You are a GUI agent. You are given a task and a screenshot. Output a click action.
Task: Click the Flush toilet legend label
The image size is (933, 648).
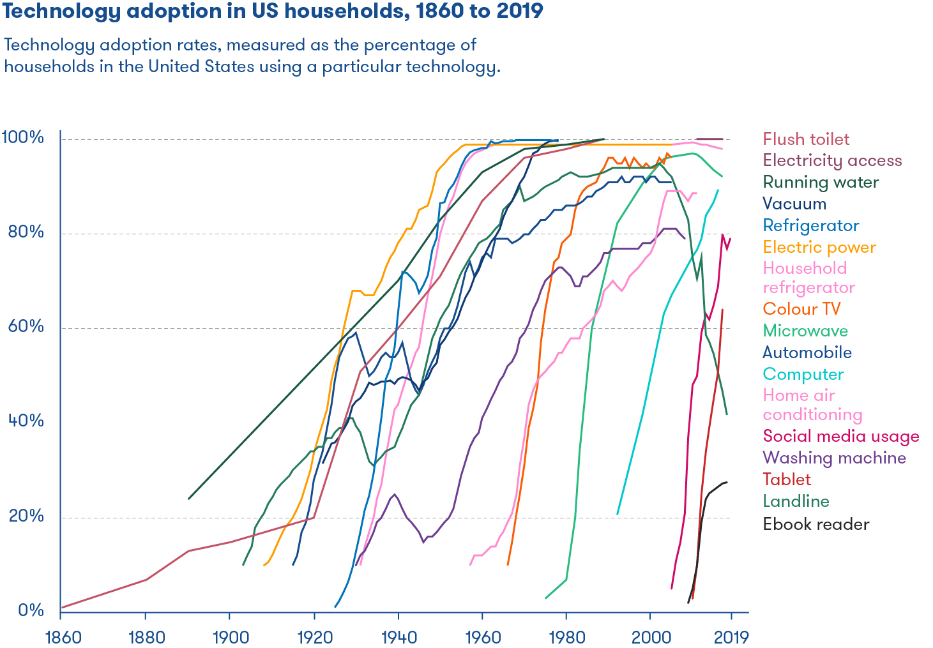[806, 139]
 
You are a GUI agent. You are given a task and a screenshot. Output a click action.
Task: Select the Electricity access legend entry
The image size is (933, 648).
[832, 160]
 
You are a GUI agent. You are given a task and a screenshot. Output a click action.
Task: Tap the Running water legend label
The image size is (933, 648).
[821, 182]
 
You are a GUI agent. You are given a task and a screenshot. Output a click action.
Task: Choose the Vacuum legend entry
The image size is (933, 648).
[794, 204]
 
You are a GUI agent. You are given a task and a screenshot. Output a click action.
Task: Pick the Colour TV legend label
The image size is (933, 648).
[801, 309]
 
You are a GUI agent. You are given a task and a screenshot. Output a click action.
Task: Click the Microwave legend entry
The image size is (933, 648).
[805, 331]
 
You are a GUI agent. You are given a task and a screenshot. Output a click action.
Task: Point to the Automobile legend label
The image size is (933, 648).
[807, 352]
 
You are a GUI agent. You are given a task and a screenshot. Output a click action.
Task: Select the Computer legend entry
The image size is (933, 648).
[803, 374]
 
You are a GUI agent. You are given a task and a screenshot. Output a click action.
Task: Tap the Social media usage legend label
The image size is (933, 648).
[841, 436]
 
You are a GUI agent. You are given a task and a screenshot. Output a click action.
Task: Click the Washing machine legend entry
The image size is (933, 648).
[834, 458]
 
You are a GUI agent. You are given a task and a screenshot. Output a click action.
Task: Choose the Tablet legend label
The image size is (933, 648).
[787, 479]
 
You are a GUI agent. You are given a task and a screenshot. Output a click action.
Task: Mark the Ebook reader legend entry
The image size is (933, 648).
[816, 524]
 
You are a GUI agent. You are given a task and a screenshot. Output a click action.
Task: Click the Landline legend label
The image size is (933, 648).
[796, 501]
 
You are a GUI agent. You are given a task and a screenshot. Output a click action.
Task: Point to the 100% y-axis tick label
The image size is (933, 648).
[23, 137]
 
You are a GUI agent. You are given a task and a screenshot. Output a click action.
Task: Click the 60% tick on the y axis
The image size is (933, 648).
[26, 327]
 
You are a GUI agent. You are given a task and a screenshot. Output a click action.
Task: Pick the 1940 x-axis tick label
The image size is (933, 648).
[398, 637]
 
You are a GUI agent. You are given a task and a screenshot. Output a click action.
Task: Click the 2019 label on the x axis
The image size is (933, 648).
[731, 637]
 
